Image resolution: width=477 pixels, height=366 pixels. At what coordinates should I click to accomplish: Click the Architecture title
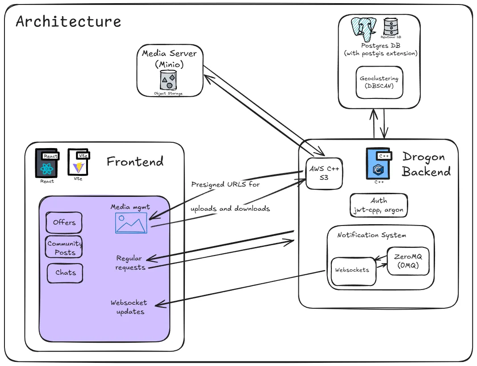pyautogui.click(x=68, y=21)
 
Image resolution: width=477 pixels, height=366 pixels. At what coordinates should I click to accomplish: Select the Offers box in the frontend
pyautogui.click(x=64, y=222)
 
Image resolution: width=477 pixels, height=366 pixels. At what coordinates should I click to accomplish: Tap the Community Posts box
pyautogui.click(x=64, y=247)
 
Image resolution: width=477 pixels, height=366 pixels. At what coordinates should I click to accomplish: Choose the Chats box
pyautogui.click(x=65, y=273)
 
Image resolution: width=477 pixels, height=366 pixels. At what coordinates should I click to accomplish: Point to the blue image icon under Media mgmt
pyautogui.click(x=131, y=223)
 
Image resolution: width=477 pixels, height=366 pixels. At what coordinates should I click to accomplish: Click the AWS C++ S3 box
pyautogui.click(x=324, y=174)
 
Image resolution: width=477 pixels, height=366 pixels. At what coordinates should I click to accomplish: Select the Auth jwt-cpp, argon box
pyautogui.click(x=379, y=205)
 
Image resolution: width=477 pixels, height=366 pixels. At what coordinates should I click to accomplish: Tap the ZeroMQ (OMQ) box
pyautogui.click(x=408, y=261)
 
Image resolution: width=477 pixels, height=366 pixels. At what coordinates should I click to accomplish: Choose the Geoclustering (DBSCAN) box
pyautogui.click(x=379, y=82)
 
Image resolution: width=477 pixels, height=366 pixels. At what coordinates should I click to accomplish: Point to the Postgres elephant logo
pyautogui.click(x=364, y=29)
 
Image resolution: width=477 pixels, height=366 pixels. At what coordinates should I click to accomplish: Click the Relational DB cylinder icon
pyautogui.click(x=391, y=26)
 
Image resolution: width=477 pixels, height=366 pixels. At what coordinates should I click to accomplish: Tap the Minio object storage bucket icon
pyautogui.click(x=168, y=81)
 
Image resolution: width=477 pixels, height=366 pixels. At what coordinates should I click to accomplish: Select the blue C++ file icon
pyautogui.click(x=379, y=164)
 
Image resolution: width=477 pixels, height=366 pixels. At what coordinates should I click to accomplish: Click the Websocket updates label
pyautogui.click(x=129, y=307)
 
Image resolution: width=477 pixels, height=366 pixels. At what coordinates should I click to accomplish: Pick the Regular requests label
pyautogui.click(x=130, y=263)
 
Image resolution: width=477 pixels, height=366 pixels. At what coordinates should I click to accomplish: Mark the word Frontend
pyautogui.click(x=135, y=161)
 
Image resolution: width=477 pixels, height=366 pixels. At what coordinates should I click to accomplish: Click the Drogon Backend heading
pyautogui.click(x=426, y=164)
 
